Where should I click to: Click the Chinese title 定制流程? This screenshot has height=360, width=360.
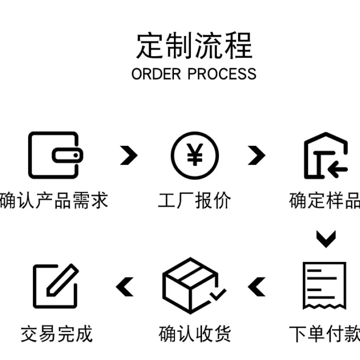coord(195,45)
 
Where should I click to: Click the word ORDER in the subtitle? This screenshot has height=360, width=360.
coord(156,74)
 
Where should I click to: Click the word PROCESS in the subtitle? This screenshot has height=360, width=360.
coord(222,74)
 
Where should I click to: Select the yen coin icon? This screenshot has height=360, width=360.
coord(195,156)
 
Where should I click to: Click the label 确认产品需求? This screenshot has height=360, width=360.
coord(54,200)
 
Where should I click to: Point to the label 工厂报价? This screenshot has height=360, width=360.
coord(195,200)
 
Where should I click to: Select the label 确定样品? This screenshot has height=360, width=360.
coord(325,200)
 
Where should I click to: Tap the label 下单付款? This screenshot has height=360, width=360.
coord(325,334)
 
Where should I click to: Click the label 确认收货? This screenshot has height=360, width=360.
coord(195,334)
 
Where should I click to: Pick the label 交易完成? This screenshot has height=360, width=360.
coord(57,334)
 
